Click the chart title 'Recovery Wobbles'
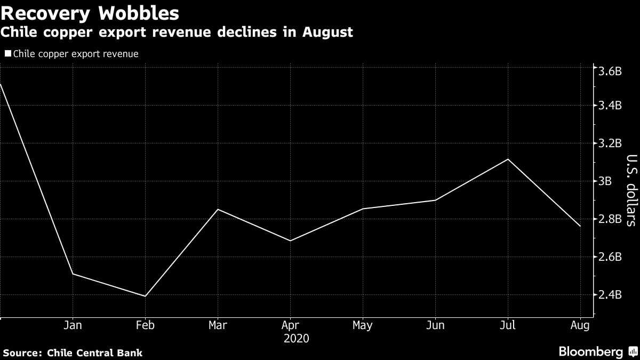tap(90, 12)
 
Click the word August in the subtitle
tap(326, 33)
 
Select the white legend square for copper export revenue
tap(7, 54)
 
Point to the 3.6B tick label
tap(610, 72)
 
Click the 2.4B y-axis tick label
tap(610, 295)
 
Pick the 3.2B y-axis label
tap(610, 143)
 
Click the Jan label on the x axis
tap(73, 326)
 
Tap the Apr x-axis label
tap(290, 326)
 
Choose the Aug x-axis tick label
tap(580, 326)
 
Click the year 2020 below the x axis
tap(296, 339)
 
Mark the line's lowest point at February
tap(145, 296)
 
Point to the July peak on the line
tap(508, 159)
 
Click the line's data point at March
tap(218, 209)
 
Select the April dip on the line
tap(290, 241)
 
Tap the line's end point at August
tap(580, 227)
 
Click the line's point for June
tap(435, 201)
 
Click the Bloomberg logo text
tap(590, 352)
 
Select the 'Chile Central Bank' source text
tap(94, 353)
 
